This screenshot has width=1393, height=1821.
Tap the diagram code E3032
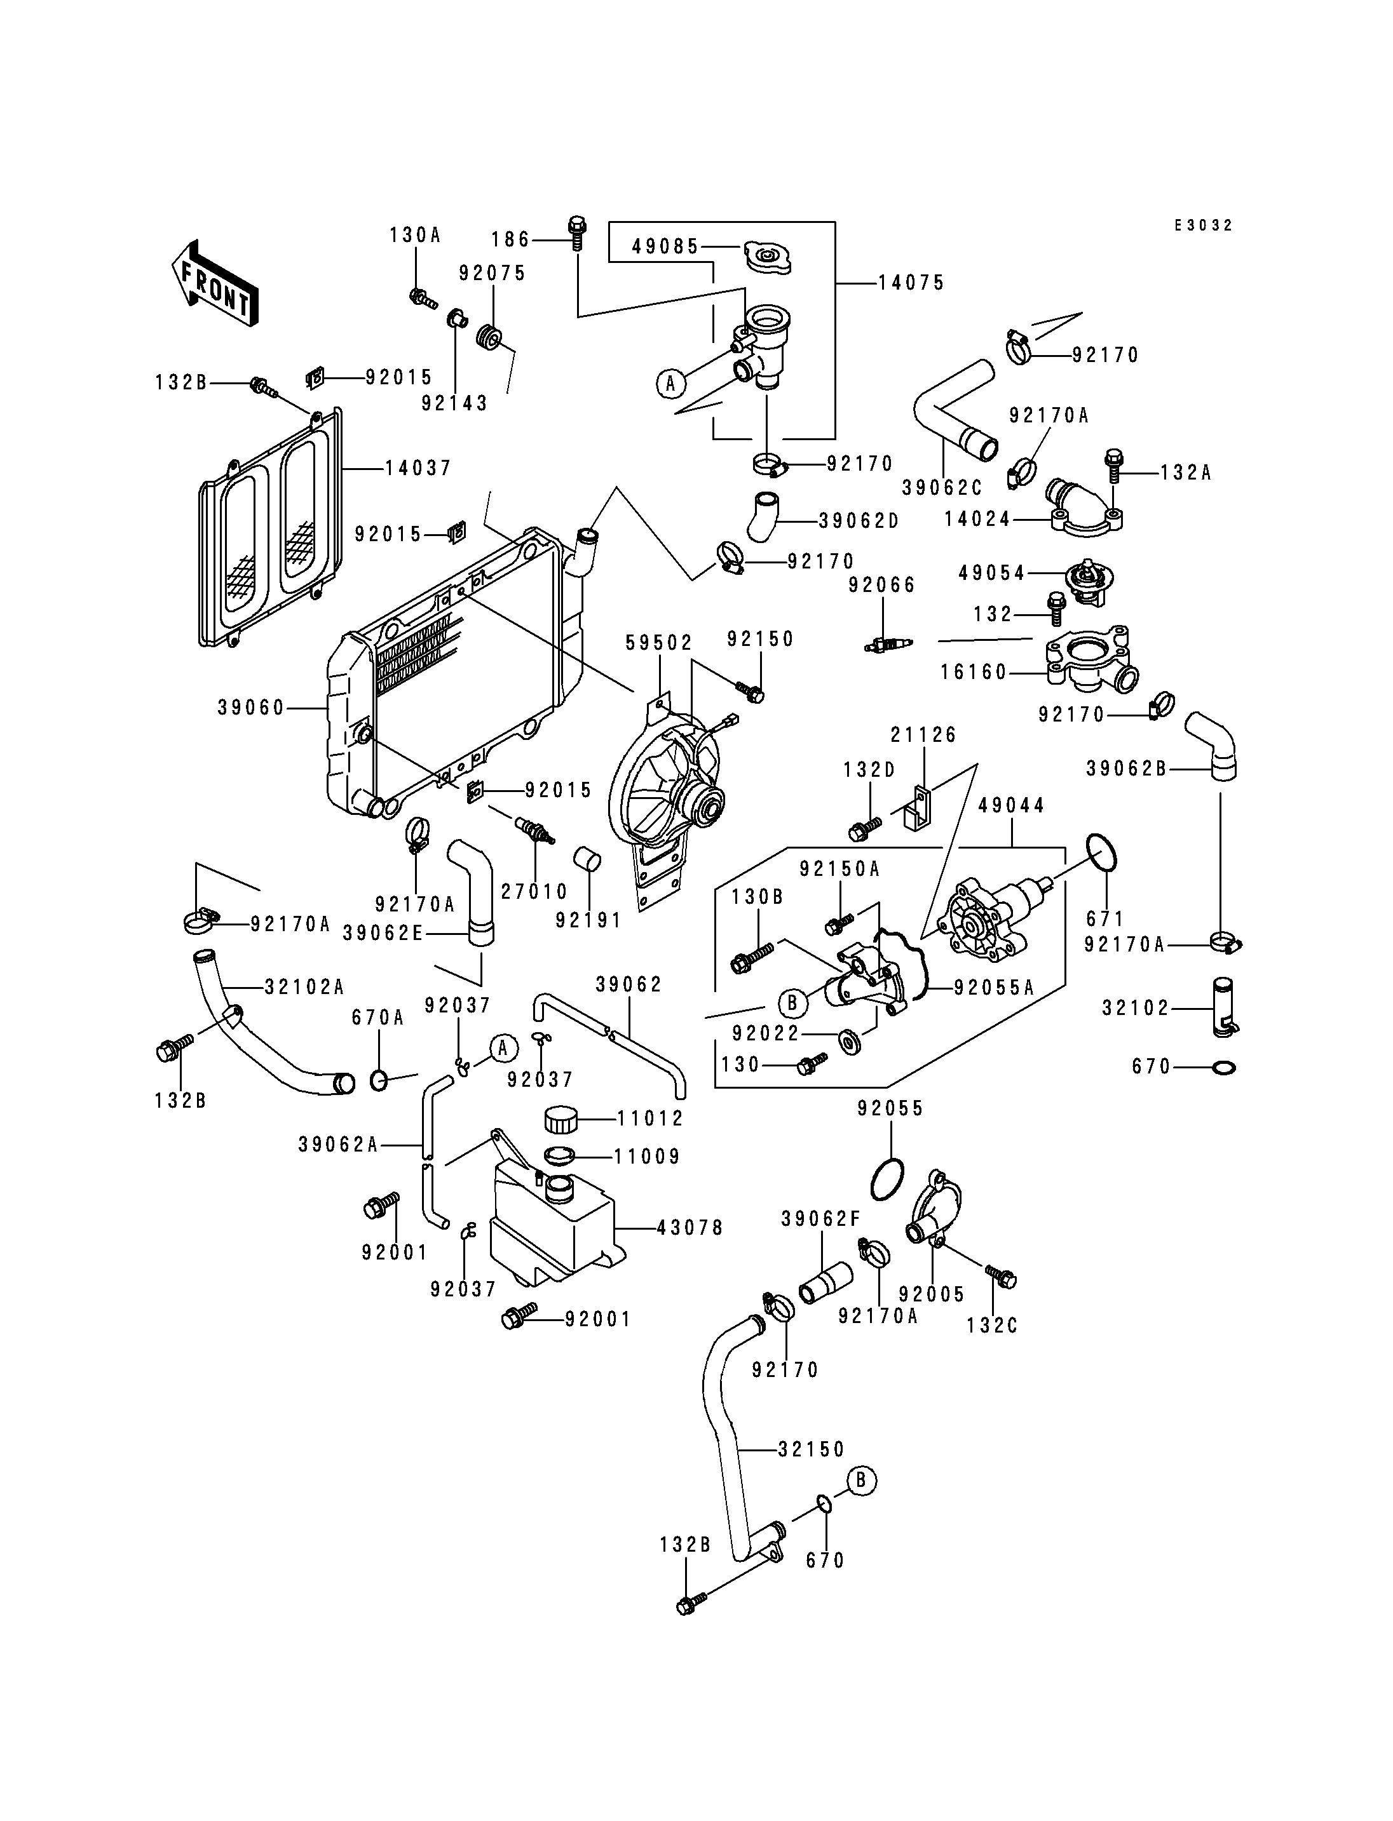pyautogui.click(x=1203, y=225)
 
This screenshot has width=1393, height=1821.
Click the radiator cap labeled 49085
pyautogui.click(x=768, y=257)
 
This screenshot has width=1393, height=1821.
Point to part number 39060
pyautogui.click(x=251, y=708)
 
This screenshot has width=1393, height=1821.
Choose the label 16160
pyautogui.click(x=974, y=672)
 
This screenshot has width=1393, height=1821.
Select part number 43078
pyautogui.click(x=690, y=1228)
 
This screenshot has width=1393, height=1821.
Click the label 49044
pyautogui.click(x=1012, y=805)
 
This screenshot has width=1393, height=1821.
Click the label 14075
pyautogui.click(x=911, y=283)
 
